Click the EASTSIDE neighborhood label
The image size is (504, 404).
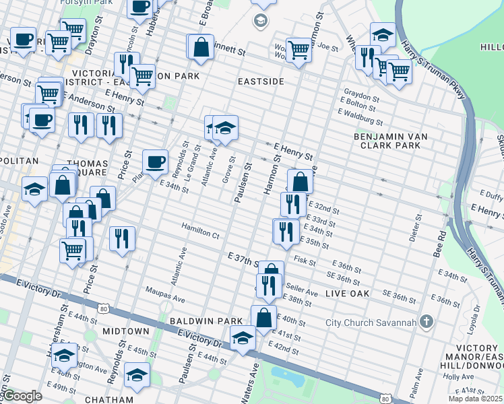click(x=259, y=81)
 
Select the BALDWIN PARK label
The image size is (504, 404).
click(x=197, y=321)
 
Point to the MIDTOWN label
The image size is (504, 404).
click(x=126, y=331)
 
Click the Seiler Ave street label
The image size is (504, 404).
click(x=304, y=292)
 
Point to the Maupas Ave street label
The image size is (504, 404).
click(x=165, y=297)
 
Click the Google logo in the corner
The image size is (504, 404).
click(x=22, y=396)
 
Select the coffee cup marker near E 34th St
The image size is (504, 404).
click(x=155, y=162)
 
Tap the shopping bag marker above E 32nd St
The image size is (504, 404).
click(x=300, y=181)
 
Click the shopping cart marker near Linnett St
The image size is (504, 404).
click(x=298, y=49)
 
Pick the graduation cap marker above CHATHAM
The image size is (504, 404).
click(x=137, y=374)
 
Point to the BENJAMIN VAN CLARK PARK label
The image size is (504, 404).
click(x=391, y=141)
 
